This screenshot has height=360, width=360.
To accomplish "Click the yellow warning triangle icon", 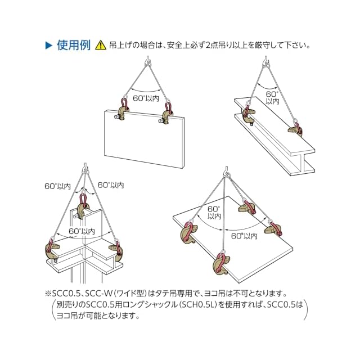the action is click(x=101, y=45).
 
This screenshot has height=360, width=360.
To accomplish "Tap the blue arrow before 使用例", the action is click(x=49, y=46).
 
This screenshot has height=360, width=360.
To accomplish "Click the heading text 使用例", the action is click(x=74, y=45).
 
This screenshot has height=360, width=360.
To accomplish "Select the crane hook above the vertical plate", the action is click(x=147, y=61).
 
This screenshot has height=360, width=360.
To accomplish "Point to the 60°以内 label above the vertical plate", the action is click(x=146, y=98).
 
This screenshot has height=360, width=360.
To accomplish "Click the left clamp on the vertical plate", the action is click(x=122, y=111).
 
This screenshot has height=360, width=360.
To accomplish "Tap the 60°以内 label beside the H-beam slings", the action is click(x=272, y=97).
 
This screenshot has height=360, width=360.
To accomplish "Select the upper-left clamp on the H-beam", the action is click(x=249, y=114).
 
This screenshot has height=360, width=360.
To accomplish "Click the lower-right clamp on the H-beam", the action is click(x=296, y=128).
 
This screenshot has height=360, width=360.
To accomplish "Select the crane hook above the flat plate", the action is click(x=227, y=171).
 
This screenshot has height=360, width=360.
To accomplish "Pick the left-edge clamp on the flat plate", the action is click(x=189, y=232).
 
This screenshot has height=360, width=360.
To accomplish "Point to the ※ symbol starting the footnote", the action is click(x=48, y=294).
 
